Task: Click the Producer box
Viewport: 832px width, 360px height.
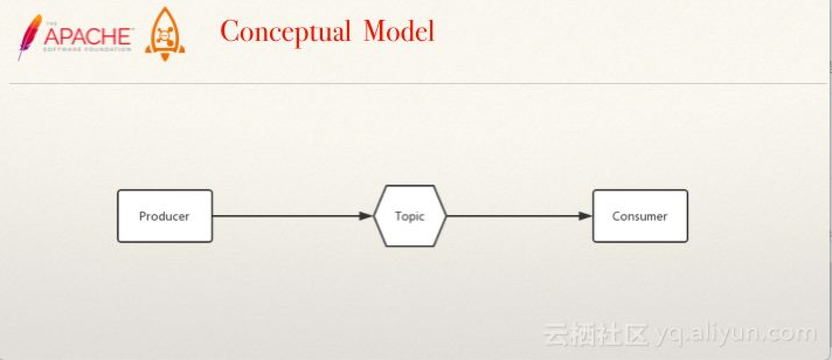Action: [x=165, y=216]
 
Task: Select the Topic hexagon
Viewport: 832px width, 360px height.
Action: [x=410, y=216]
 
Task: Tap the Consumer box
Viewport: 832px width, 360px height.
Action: [x=640, y=216]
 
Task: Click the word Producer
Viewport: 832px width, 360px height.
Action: [x=164, y=216]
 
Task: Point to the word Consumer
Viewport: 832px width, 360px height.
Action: [x=639, y=216]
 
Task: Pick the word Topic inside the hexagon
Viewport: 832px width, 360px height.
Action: [x=410, y=216]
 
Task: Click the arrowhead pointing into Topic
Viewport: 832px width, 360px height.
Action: [x=366, y=216]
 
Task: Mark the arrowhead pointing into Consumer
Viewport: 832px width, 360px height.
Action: [x=585, y=216]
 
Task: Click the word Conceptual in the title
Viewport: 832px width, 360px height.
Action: [x=286, y=32]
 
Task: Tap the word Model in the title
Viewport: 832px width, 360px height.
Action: [x=399, y=31]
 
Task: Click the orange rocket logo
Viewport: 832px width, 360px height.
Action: [x=165, y=35]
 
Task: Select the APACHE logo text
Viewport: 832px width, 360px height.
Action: [x=88, y=36]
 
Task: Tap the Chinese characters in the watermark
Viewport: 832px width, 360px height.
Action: [x=596, y=334]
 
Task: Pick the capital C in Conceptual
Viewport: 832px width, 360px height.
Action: [x=231, y=32]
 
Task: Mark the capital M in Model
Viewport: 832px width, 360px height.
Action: [x=375, y=31]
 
